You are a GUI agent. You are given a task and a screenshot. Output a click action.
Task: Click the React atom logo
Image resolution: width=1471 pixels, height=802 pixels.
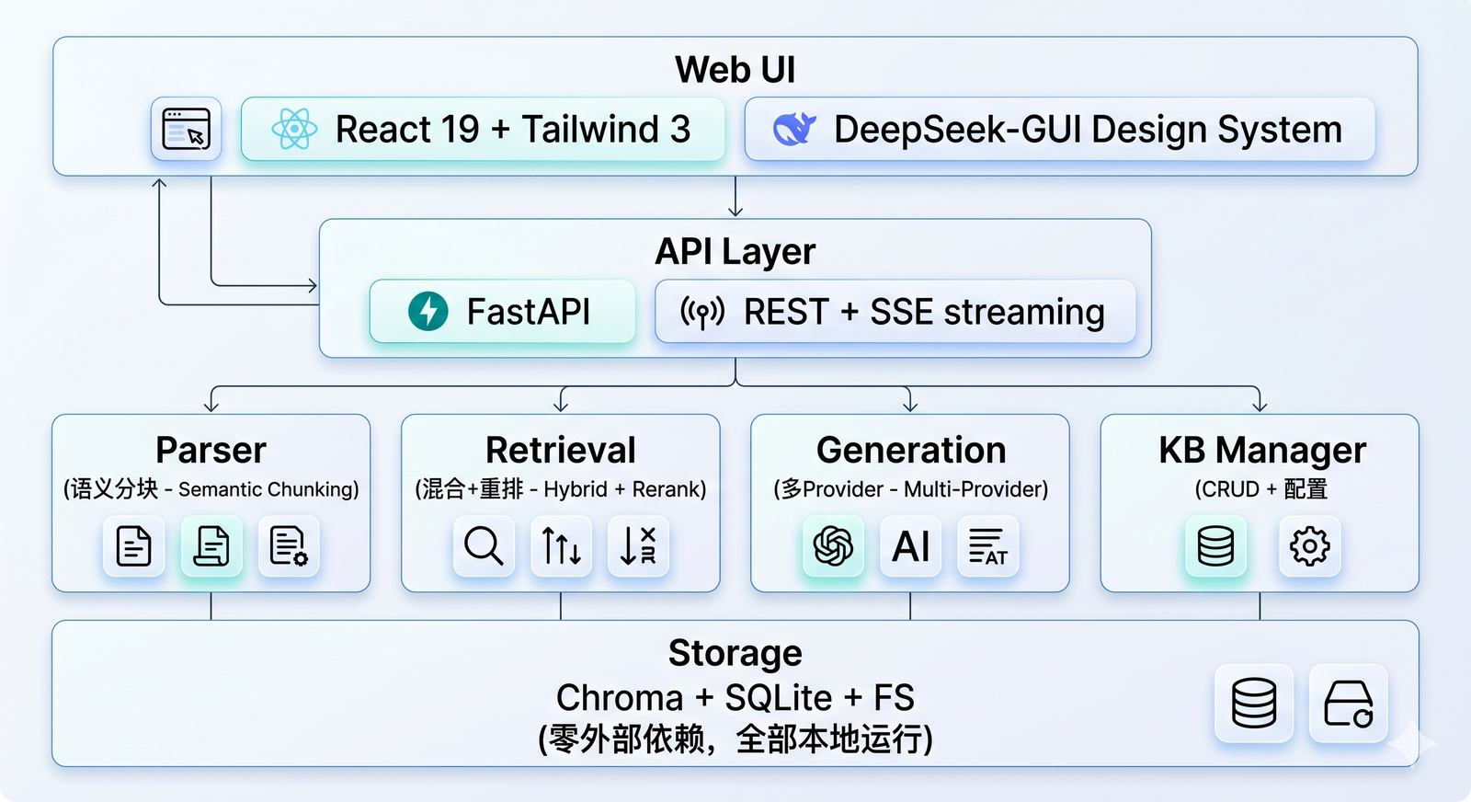(x=294, y=129)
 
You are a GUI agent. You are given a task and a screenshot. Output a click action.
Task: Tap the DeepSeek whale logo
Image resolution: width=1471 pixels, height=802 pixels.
(x=794, y=129)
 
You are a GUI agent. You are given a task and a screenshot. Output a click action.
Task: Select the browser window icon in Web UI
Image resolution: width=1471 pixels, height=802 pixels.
(x=187, y=129)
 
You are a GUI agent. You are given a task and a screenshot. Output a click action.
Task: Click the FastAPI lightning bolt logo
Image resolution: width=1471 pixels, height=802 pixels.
(x=428, y=312)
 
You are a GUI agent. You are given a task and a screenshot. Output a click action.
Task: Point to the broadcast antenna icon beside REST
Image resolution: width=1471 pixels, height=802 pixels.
(x=702, y=312)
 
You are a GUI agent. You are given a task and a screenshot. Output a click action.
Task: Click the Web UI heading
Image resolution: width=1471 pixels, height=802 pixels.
(x=735, y=69)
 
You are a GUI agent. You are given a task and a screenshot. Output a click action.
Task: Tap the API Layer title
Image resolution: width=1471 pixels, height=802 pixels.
(x=735, y=251)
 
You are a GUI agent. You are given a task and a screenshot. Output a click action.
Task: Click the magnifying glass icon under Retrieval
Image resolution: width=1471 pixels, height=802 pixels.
(x=484, y=545)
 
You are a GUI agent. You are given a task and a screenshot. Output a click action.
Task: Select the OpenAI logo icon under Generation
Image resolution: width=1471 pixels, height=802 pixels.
(x=833, y=545)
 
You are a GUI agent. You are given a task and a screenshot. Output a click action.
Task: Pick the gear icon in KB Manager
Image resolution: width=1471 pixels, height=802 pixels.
(x=1309, y=545)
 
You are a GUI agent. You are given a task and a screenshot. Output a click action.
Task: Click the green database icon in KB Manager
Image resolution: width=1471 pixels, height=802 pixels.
(x=1215, y=545)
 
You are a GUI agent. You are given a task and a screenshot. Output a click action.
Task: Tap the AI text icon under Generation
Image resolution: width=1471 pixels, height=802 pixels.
(x=911, y=545)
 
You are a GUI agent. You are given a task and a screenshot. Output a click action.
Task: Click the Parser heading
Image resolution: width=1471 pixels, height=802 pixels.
(x=211, y=450)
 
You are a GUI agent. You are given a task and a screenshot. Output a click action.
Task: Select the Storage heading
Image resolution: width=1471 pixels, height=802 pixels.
(x=735, y=653)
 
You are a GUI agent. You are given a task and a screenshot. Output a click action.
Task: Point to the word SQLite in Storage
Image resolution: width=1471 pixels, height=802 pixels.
(x=778, y=697)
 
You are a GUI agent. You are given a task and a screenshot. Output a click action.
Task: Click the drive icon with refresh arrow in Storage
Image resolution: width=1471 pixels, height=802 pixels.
(x=1348, y=704)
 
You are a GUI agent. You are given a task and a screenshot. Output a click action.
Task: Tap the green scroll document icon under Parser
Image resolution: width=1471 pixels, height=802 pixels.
(x=211, y=545)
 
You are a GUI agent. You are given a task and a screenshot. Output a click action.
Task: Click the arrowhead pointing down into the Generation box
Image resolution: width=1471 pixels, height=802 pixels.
(x=909, y=406)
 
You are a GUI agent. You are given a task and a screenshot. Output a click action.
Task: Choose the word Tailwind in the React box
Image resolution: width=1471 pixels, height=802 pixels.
(x=590, y=129)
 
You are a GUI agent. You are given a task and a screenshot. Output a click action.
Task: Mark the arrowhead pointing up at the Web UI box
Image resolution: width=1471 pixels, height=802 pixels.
(x=159, y=183)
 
